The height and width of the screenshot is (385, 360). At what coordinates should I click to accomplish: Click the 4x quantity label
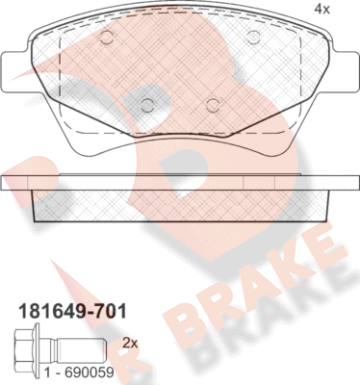coord(322,9)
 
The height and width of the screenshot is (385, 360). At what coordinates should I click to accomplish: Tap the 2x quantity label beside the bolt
coord(129,342)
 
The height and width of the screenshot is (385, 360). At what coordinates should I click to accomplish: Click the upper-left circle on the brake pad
coord(107,38)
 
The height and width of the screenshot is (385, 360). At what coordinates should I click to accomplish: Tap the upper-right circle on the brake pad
coord(253,38)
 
